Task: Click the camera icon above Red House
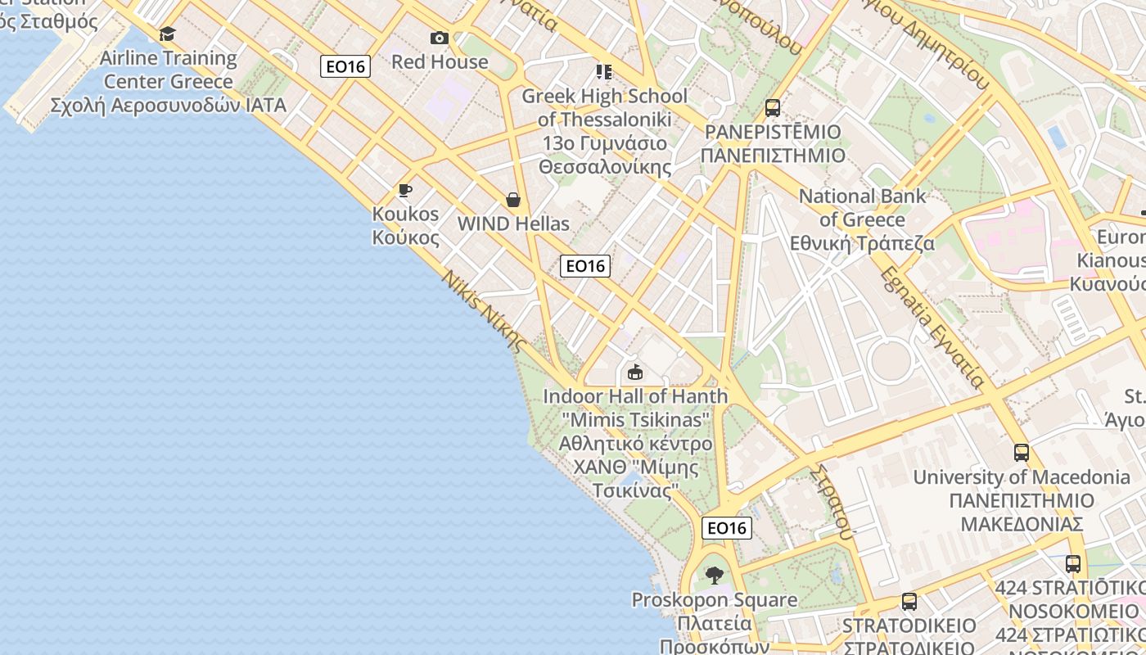click(440, 38)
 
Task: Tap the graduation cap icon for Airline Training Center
click(168, 34)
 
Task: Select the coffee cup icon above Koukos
click(404, 191)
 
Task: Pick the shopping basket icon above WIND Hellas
click(513, 200)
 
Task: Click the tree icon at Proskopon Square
click(714, 576)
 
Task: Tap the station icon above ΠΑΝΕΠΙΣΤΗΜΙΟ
click(772, 108)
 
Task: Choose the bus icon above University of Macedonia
click(1022, 453)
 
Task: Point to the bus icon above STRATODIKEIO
click(909, 602)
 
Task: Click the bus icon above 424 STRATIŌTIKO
click(1073, 564)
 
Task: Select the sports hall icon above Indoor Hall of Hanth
click(634, 373)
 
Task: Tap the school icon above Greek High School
click(604, 72)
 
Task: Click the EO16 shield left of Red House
click(345, 66)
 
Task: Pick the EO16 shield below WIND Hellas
click(585, 265)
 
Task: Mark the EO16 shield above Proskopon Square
click(727, 528)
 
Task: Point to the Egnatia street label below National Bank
click(932, 327)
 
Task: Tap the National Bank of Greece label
click(862, 219)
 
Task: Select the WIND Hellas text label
click(513, 224)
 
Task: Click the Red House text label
click(440, 61)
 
